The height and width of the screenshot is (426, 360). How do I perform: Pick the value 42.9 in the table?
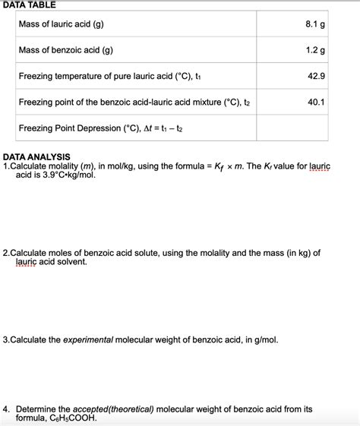(316, 76)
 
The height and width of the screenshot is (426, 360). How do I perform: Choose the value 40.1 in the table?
(316, 102)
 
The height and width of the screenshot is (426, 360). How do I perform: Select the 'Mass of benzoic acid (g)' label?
(65, 50)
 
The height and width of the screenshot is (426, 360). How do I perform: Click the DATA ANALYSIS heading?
(37, 156)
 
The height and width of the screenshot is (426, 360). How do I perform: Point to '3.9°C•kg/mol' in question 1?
(65, 175)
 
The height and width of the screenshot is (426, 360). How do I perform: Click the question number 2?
(6, 252)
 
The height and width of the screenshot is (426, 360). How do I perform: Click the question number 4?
(6, 409)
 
